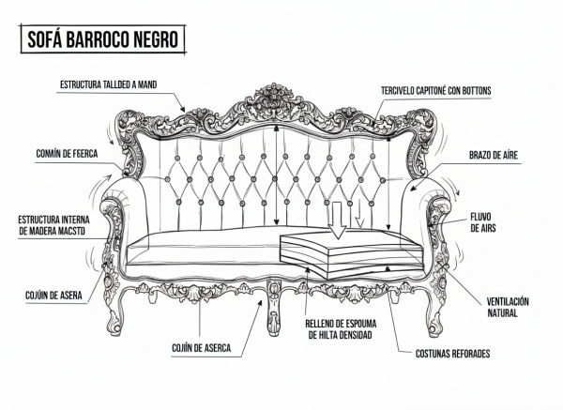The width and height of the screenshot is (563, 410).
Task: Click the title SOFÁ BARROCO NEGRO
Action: tap(102, 39)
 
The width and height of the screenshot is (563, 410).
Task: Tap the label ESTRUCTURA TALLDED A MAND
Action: tap(109, 84)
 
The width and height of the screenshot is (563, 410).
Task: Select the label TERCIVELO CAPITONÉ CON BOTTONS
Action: tap(436, 90)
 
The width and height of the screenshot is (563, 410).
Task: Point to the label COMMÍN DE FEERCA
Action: tap(67, 154)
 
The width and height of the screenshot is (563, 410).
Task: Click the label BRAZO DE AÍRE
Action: tap(494, 155)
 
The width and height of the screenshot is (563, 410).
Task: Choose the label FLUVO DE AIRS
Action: tap(483, 222)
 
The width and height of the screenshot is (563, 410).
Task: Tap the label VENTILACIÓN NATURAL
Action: tap(508, 307)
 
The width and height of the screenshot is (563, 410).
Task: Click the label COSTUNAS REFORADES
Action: tap(452, 354)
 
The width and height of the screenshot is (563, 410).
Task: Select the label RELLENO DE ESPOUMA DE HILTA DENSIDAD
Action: tap(341, 329)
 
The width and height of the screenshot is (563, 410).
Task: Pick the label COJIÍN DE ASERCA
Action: tap(201, 348)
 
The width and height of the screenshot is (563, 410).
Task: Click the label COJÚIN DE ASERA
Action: tap(53, 296)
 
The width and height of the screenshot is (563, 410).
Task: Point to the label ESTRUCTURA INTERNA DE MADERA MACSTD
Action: tap(53, 225)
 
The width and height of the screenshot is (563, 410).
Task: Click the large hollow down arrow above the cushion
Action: tap(337, 220)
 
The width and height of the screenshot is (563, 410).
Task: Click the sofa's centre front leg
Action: tap(273, 308)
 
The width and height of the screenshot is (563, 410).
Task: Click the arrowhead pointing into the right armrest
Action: tap(413, 188)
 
